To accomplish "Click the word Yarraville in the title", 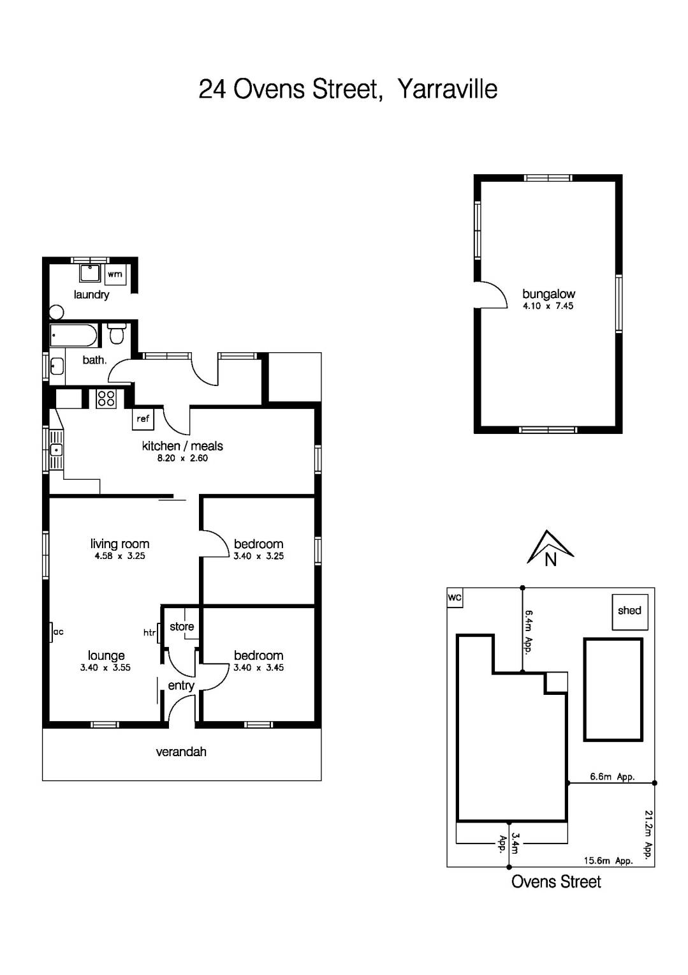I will [x=447, y=89].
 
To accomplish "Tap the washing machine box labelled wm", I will [x=115, y=274].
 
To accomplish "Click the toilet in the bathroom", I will [x=117, y=333].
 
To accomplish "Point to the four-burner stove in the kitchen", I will [x=106, y=399].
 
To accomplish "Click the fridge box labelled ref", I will [x=143, y=419].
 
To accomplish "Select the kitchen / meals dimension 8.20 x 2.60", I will [x=182, y=458].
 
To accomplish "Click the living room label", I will [x=120, y=544].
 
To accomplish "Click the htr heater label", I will [x=149, y=633].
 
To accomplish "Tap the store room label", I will [x=182, y=627].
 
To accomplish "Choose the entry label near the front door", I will [x=181, y=685].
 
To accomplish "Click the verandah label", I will [x=181, y=752].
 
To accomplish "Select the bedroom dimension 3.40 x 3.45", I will [x=258, y=667].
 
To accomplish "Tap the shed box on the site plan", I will [x=629, y=611].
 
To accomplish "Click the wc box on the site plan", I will [x=455, y=598].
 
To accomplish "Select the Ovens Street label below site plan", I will [x=556, y=882].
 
